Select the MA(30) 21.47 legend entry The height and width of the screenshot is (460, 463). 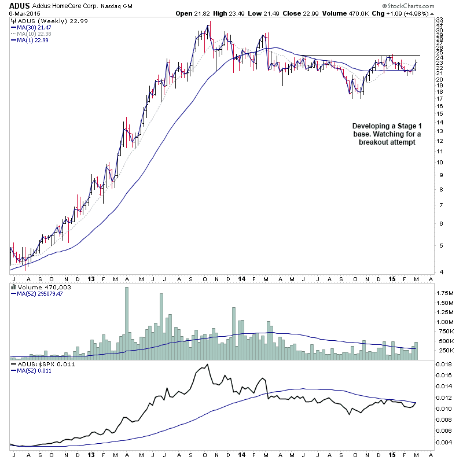37,27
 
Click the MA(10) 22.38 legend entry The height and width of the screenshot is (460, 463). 37,34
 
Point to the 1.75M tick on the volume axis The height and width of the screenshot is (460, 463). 445,293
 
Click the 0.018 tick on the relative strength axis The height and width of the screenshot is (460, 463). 444,365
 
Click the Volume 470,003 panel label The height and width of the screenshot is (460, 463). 35,286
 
